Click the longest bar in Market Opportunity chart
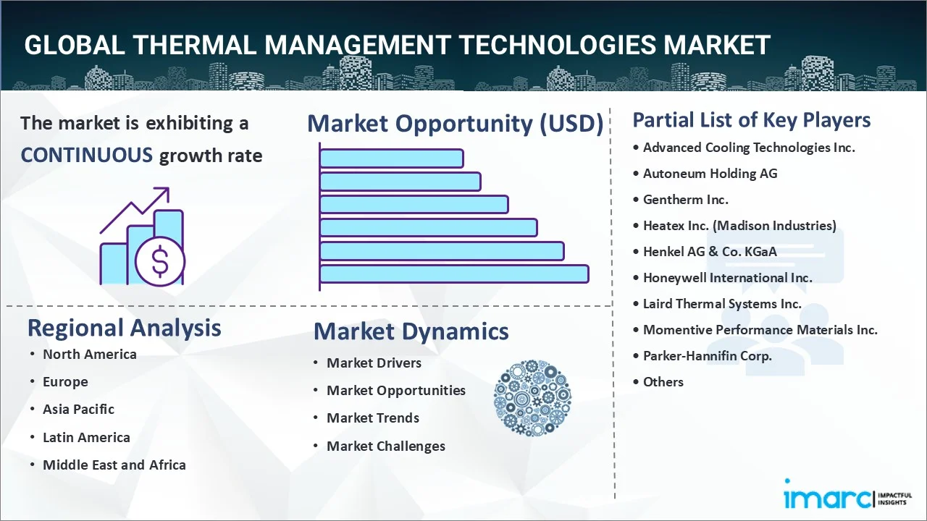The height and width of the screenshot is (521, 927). coord(453,274)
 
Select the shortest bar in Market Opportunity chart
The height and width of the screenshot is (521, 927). coord(391,158)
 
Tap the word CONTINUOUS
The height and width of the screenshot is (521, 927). coord(87,155)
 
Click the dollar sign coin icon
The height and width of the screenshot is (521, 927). coord(160,262)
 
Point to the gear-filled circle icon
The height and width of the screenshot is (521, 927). coord(532,398)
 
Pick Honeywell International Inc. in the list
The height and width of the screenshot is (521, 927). coord(727,278)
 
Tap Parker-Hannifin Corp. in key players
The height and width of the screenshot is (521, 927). coord(707,356)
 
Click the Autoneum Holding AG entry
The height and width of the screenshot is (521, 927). coord(710,174)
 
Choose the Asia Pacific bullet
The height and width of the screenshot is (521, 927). coord(78,410)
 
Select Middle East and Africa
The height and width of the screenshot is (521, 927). coord(114,465)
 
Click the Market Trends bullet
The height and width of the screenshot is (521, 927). coord(372,418)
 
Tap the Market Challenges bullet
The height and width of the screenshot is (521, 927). coord(385,446)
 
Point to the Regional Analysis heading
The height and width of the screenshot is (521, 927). coord(124,328)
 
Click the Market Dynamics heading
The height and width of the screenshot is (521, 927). coord(411,331)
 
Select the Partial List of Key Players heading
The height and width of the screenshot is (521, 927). coord(751,119)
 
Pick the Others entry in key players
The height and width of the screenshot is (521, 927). coord(663,382)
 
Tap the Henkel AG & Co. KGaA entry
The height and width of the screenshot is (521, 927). coord(710,252)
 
